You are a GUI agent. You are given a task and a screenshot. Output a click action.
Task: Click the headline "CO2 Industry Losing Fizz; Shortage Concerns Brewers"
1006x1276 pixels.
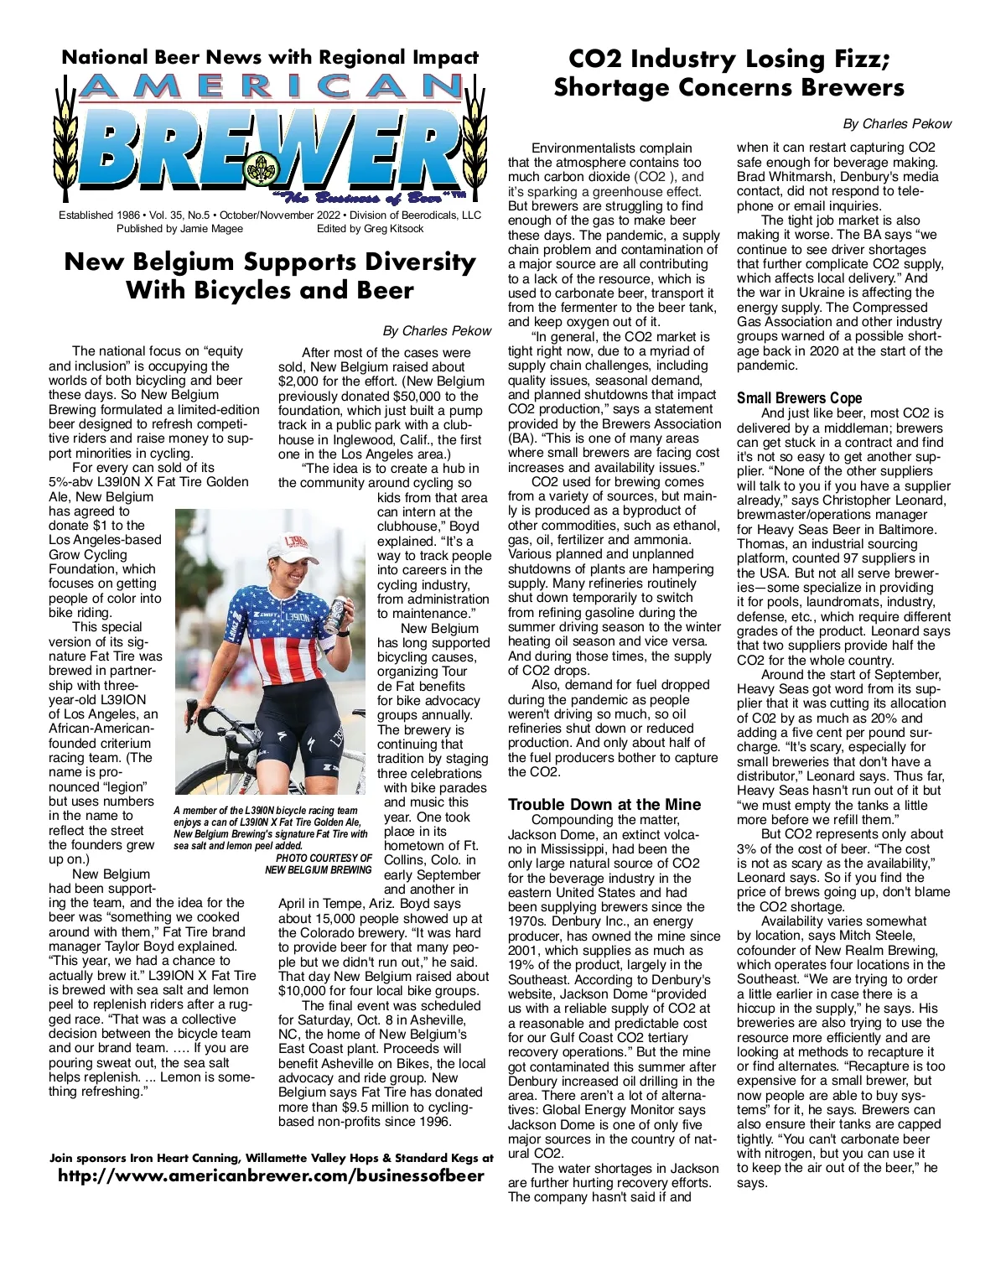729,73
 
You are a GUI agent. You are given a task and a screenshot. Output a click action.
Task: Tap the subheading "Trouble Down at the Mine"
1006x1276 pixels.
604,805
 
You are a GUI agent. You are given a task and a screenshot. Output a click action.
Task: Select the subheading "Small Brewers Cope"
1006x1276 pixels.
799,398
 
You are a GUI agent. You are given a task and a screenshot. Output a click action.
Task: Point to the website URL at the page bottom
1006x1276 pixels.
271,1175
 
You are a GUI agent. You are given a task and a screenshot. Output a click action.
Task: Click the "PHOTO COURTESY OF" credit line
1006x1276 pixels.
324,858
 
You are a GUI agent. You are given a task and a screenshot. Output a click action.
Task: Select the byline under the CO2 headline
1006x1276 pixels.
897,124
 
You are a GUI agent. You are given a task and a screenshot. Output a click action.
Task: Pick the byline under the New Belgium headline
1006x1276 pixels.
437,331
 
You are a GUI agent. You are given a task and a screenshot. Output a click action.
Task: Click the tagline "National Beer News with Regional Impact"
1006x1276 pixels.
270,58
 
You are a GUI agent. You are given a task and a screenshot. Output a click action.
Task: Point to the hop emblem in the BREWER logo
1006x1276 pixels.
259,169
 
